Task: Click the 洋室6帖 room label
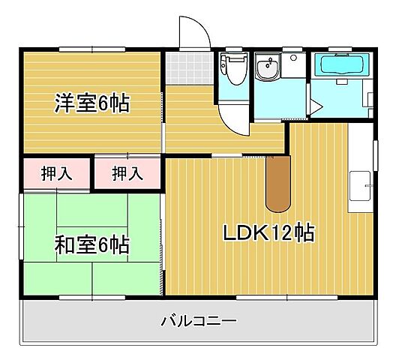pos(91,103)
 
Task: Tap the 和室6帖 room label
pos(91,244)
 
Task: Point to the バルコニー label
pos(199,322)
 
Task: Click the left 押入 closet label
pos(55,174)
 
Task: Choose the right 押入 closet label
pos(127,174)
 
